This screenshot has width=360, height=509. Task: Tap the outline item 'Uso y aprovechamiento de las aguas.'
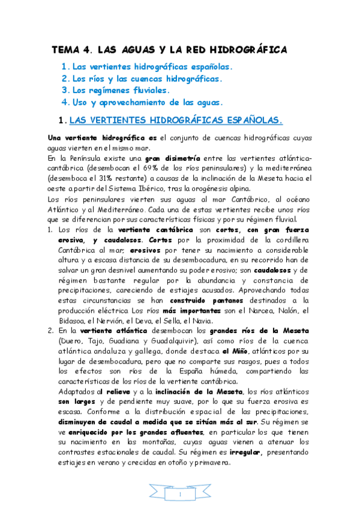148,102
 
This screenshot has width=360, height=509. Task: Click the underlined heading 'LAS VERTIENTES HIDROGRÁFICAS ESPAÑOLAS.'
176,120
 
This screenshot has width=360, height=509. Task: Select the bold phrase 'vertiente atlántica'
106,331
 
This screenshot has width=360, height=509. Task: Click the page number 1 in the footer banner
179,495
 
